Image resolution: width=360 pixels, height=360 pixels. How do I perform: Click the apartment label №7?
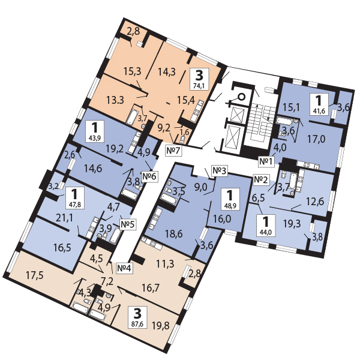click(x=173, y=151)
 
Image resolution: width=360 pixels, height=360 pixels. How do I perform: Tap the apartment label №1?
click(x=266, y=161)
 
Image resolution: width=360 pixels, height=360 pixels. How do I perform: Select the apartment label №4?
click(x=124, y=268)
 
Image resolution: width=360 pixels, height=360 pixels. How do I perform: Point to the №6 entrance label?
click(x=149, y=176)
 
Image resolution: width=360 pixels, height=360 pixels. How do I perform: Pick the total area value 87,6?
click(x=137, y=325)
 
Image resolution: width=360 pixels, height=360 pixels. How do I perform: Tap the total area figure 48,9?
click(x=230, y=206)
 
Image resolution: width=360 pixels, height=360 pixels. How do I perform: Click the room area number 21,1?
click(x=64, y=218)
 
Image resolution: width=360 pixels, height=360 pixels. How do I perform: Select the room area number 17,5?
click(x=35, y=275)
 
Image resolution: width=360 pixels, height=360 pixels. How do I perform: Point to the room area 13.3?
click(x=115, y=100)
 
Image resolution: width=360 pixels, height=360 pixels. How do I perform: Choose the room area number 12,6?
click(x=315, y=202)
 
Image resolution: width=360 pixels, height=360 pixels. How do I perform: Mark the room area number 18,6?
click(x=174, y=234)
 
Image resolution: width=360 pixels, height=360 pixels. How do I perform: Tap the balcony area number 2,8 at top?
click(x=133, y=31)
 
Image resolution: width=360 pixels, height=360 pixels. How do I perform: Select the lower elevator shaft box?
click(x=233, y=137)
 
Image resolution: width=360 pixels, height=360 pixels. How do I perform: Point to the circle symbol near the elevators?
click(x=241, y=97)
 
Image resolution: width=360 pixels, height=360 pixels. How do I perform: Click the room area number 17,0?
click(x=316, y=139)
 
